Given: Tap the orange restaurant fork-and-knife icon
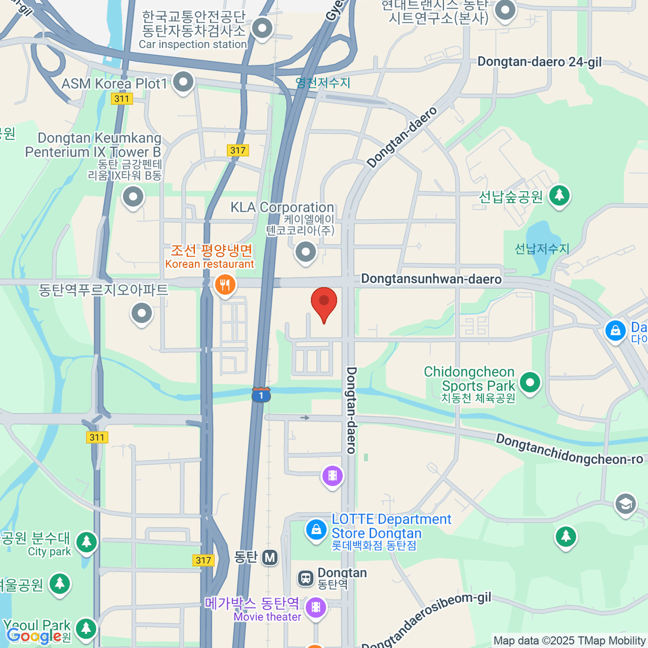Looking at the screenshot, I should [x=225, y=284].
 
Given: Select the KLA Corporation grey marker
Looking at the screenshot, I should [x=306, y=252].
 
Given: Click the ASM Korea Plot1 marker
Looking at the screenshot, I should [x=183, y=83].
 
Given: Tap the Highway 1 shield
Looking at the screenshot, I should [x=261, y=395].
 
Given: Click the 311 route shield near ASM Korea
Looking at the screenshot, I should [x=122, y=98].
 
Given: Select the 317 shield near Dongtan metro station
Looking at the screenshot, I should [x=203, y=560].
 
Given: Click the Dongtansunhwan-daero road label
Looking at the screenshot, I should [x=431, y=279].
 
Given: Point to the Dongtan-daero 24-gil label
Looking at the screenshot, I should [x=539, y=62].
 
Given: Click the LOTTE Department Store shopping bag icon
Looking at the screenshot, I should [x=316, y=529].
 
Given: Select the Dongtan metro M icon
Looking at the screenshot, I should [x=269, y=557].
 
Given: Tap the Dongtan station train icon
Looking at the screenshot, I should [x=306, y=578].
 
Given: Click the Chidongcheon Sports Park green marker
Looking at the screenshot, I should [x=530, y=383].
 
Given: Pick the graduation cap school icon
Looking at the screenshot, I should [x=625, y=504].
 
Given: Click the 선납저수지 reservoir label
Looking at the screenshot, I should [x=542, y=249].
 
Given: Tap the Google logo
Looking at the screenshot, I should [x=33, y=636].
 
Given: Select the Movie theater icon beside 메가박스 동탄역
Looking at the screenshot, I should [x=315, y=607].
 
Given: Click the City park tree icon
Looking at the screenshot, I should [x=86, y=542].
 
